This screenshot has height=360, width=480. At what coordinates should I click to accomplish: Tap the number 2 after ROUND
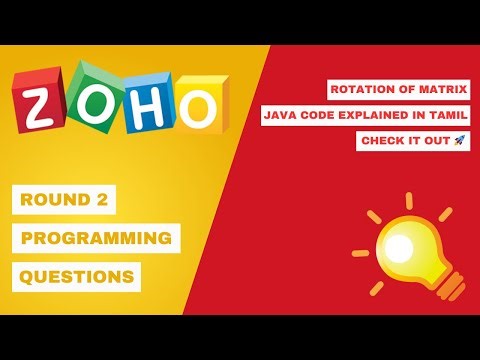point(102,200)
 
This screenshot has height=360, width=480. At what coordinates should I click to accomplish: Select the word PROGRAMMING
point(96,238)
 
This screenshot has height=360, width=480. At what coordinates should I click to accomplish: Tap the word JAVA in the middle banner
point(281,116)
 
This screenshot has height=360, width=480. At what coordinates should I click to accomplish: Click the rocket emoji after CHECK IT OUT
point(460,141)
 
